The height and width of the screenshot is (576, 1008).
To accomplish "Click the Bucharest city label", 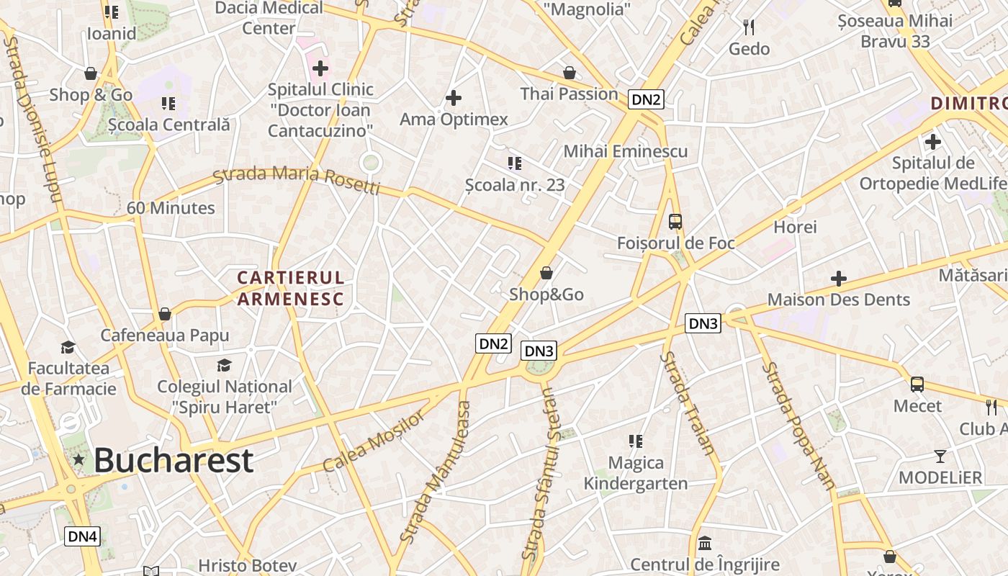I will (174, 460).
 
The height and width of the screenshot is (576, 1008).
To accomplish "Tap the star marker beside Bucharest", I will (78, 459).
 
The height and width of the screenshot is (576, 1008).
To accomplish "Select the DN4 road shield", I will (82, 536).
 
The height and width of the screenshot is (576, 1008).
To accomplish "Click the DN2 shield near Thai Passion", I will (645, 99).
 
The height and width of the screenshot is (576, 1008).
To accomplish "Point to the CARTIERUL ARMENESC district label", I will (291, 288).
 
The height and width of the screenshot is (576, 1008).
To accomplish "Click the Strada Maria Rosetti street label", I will (297, 180).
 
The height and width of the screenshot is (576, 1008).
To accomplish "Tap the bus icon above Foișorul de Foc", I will (675, 222).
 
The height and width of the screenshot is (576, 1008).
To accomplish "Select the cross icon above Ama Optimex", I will (454, 98).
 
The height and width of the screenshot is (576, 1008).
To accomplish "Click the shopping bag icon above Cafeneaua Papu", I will (165, 314).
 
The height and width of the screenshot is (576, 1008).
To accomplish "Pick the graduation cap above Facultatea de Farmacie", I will (68, 347).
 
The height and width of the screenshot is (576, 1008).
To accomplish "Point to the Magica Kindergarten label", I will (635, 472).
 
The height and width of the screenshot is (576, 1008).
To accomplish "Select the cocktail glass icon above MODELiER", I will (940, 456).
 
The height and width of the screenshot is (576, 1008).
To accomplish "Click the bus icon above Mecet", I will (917, 384).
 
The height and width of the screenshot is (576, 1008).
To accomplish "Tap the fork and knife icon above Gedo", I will (749, 27).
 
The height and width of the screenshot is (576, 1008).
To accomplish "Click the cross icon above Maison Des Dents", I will (838, 278).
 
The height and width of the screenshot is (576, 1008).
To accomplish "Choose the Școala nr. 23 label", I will (514, 185).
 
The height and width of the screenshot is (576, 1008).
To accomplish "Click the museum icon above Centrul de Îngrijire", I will (705, 542).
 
